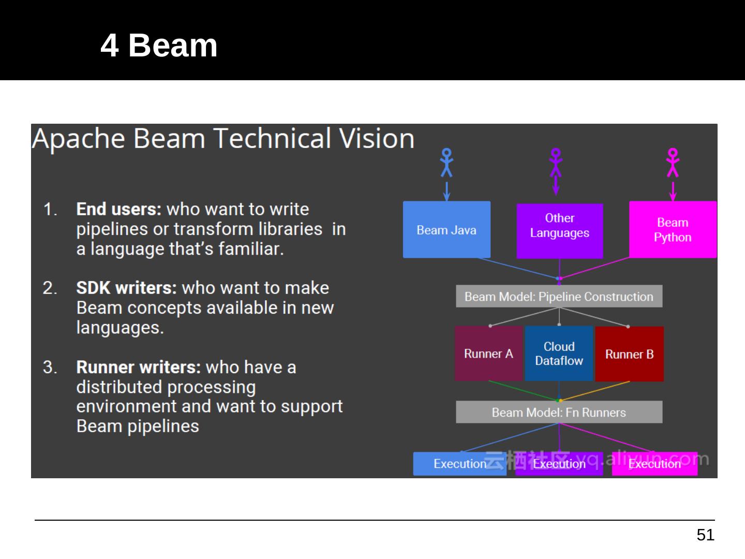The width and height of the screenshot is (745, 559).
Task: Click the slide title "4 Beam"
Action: pos(159,46)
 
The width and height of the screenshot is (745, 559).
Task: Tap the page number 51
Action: pos(705,535)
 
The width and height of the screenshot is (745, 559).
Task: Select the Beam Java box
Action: pos(446,230)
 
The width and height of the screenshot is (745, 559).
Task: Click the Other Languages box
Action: pos(560,231)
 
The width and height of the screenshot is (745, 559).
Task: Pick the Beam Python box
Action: pos(673,230)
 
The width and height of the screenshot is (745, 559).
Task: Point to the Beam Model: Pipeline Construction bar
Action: pos(559,297)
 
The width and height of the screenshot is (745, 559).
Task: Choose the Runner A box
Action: pos(488,354)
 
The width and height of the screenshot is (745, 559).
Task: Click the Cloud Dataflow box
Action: pos(559,354)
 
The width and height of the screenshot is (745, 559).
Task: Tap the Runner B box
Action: pos(629,354)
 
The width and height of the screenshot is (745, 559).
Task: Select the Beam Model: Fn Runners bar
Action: pos(559,413)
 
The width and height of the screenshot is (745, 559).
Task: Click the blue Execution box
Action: pos(459,464)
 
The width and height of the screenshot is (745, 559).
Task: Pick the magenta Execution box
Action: pos(654,464)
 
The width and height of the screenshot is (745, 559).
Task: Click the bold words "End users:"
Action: pos(119,209)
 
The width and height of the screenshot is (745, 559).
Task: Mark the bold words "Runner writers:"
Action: pos(138,367)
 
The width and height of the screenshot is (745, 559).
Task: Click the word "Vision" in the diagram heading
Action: pos(376,139)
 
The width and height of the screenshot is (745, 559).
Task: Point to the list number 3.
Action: pos(50,367)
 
